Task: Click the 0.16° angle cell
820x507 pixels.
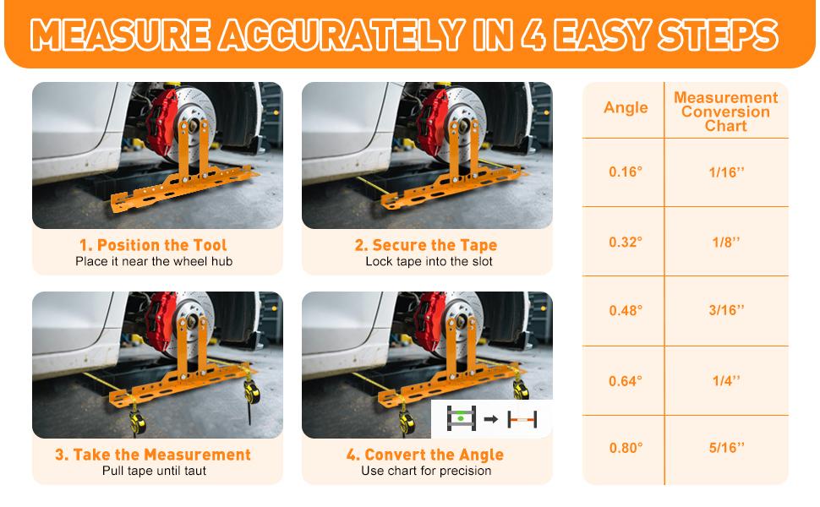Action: tap(626, 172)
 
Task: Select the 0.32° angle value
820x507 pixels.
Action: tap(626, 242)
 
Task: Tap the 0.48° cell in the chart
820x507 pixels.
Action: tap(626, 310)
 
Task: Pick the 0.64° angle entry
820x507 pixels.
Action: tap(626, 381)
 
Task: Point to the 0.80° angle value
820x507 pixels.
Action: tap(626, 448)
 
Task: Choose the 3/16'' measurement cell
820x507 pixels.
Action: tap(726, 310)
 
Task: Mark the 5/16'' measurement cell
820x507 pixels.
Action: tap(726, 448)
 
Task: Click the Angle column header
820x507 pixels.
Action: tap(626, 107)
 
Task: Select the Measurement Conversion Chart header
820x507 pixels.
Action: tap(725, 112)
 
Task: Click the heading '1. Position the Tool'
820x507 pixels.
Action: tap(153, 245)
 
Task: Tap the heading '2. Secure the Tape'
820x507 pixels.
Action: tap(426, 245)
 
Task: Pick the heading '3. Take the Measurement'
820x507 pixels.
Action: tap(153, 455)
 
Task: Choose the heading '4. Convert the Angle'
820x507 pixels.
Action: tap(426, 455)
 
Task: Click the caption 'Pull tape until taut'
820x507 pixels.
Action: tap(153, 471)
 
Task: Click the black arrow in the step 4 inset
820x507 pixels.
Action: tap(491, 418)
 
